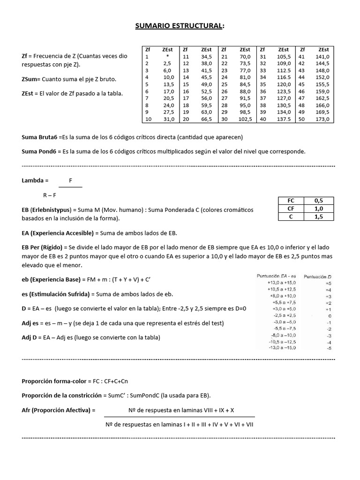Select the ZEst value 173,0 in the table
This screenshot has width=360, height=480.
[x=323, y=120]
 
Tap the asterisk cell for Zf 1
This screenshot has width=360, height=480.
[x=167, y=56]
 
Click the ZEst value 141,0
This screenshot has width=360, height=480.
[x=323, y=56]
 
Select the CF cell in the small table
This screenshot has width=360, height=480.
[x=291, y=209]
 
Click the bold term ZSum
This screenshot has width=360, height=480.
[x=31, y=79]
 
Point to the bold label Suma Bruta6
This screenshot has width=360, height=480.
[x=39, y=137]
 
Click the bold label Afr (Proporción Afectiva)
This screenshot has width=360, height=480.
[x=58, y=410]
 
